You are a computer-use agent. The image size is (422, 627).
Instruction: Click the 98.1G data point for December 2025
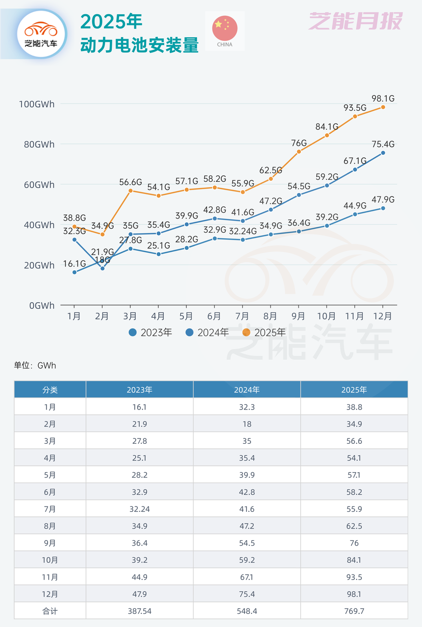click(383, 107)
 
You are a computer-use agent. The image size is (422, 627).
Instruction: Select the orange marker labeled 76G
click(298, 151)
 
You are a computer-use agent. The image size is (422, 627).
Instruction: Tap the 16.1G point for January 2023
click(74, 272)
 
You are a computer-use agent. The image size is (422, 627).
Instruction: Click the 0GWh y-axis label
click(41, 305)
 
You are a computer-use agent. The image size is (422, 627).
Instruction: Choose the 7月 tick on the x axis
click(242, 316)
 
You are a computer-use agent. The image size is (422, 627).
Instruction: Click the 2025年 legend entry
click(264, 333)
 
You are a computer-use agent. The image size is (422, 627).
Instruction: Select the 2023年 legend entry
click(150, 333)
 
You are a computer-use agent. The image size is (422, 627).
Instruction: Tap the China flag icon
click(224, 28)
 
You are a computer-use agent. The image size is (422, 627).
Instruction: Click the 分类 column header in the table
click(50, 389)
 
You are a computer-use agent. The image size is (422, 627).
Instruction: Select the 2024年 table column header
click(247, 389)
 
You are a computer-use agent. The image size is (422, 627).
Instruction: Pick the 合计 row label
click(50, 611)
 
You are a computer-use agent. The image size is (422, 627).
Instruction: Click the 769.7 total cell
click(354, 611)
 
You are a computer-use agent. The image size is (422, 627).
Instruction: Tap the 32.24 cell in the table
click(139, 509)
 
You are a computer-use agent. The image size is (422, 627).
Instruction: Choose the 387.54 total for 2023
click(139, 611)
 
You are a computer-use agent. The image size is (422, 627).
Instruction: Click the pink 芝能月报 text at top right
click(355, 21)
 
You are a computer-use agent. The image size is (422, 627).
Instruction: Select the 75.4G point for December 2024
click(383, 153)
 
